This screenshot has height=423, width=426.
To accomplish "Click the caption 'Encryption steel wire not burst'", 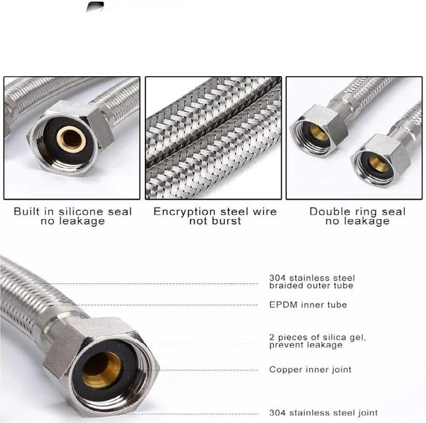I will point(215,216).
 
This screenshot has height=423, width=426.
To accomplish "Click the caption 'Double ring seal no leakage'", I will point(357,216).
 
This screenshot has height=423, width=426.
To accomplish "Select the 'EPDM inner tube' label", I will point(308,305).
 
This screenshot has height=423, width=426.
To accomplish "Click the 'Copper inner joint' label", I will point(310,370).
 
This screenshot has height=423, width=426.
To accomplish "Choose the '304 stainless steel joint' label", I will point(323,413).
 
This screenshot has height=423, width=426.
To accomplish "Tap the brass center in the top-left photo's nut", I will point(72,139).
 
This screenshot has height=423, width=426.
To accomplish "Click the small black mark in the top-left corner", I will point(94,7).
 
